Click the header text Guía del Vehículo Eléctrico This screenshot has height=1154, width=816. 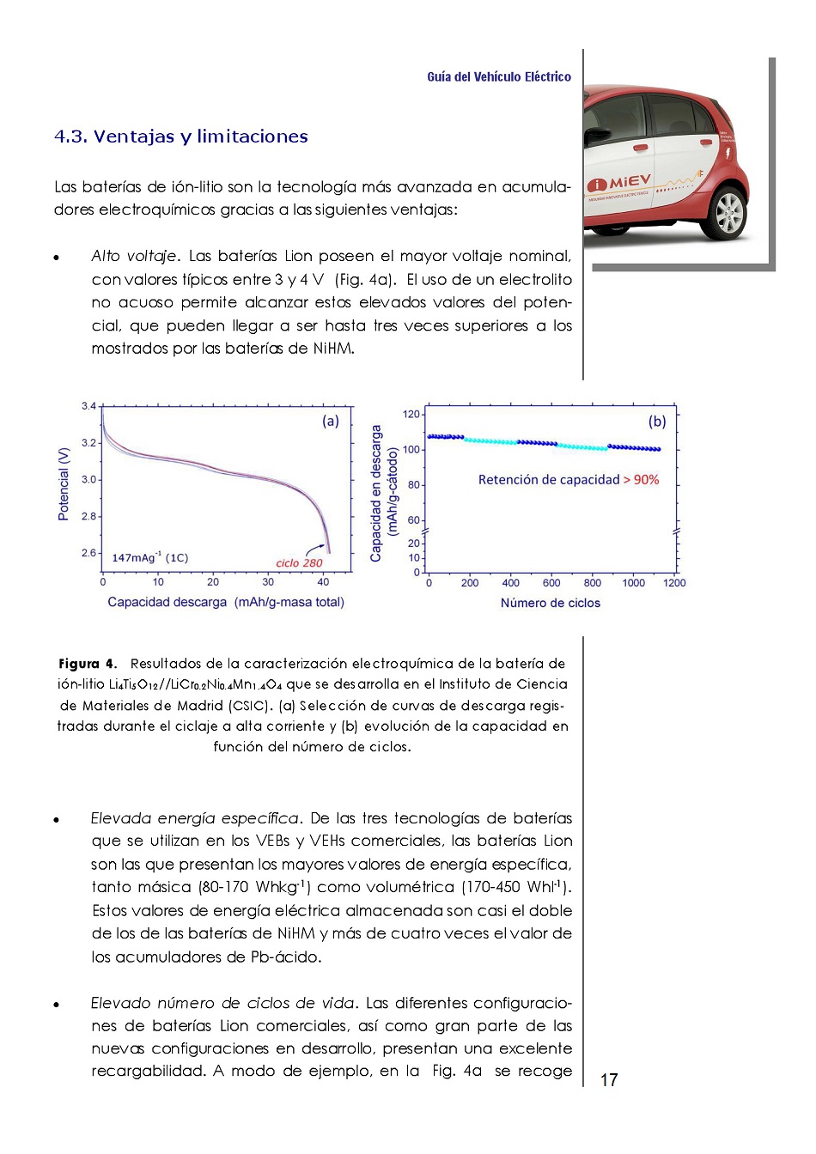coord(498,77)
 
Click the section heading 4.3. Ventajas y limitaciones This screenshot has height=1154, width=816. coord(180,137)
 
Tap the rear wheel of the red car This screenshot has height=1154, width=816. coord(729,211)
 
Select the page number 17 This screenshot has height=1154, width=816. coord(609,1080)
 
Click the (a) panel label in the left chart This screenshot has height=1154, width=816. coord(331,421)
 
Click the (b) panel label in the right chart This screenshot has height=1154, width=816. coord(657,421)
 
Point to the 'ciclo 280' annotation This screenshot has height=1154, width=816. coord(299,563)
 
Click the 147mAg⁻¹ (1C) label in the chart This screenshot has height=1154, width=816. coord(150,558)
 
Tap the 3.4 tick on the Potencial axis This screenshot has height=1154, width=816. coord(88,406)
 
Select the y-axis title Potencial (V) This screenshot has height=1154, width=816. coord(64,484)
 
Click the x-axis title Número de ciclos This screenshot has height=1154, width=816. coord(551,603)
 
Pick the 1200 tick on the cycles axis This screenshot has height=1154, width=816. coord(674,583)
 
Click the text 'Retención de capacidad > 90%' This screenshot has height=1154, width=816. coord(569,480)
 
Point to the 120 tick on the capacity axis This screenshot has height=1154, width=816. coord(411,415)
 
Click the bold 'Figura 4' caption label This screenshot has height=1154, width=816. coord(86,664)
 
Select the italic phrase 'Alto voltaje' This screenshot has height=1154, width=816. coord(134,256)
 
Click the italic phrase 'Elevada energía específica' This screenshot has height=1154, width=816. coord(195,818)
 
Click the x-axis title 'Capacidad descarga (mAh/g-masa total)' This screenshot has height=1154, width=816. coord(226,603)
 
